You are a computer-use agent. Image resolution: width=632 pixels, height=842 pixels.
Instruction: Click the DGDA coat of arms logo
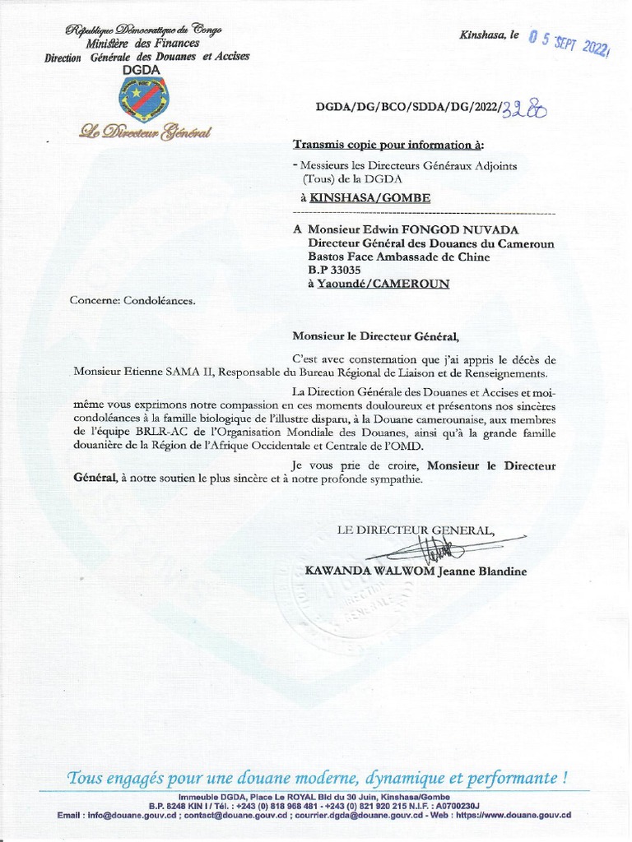point(143,99)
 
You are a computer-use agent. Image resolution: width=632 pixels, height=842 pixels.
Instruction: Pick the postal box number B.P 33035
point(335,270)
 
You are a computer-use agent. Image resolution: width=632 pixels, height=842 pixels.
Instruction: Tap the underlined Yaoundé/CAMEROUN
point(383,284)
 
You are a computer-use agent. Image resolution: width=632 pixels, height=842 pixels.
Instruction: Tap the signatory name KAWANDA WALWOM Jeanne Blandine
point(416,571)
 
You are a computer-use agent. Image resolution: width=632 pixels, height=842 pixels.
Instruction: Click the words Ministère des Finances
point(143,44)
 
